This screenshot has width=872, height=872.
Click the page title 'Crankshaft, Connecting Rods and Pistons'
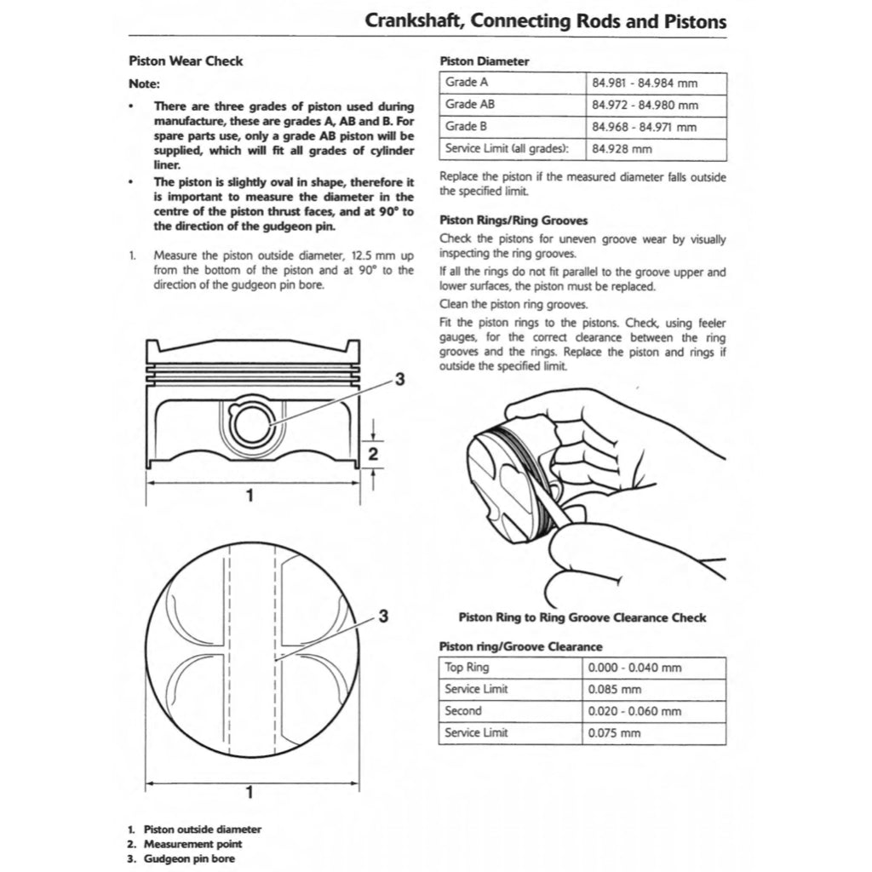[545, 20]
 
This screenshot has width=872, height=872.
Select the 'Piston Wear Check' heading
[185, 61]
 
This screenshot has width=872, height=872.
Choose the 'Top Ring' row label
[467, 668]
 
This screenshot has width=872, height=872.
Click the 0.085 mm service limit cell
[615, 690]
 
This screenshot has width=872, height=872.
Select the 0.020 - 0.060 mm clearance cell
[634, 711]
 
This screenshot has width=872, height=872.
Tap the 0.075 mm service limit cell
[615, 732]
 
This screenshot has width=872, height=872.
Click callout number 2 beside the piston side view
[372, 455]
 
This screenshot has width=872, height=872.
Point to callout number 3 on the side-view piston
[399, 379]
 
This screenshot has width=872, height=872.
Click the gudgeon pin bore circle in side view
[252, 423]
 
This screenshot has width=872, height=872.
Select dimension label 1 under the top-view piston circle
[249, 793]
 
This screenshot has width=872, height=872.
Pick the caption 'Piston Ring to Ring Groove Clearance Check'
[582, 617]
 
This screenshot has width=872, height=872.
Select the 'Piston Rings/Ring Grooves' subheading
[513, 221]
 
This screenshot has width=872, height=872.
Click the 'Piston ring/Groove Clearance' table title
[519, 647]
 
